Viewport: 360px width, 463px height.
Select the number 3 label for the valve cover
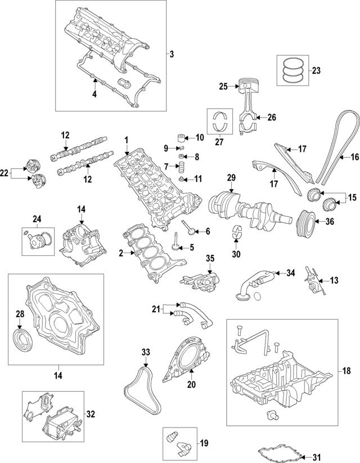172,55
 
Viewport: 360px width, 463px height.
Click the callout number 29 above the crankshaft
230,178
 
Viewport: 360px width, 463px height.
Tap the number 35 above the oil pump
210,258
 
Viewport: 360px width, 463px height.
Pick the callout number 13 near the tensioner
334,280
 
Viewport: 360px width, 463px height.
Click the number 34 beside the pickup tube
290,273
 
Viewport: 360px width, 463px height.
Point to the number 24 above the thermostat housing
37,219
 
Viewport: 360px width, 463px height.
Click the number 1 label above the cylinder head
127,140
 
